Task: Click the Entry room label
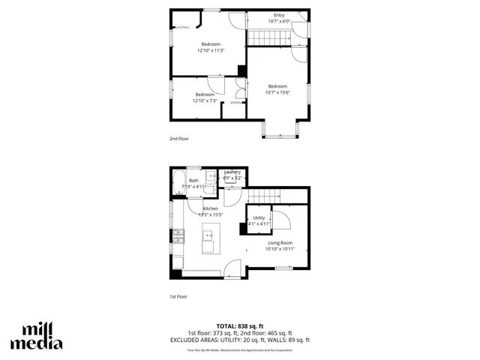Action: (x=279, y=15)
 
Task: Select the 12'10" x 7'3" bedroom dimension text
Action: (x=205, y=100)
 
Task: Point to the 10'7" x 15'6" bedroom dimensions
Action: (x=277, y=93)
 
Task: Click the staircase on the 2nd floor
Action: (x=265, y=37)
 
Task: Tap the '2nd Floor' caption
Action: (x=178, y=139)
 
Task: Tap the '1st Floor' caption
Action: (x=178, y=296)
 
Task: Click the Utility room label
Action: (x=259, y=217)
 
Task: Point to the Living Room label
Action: (x=280, y=243)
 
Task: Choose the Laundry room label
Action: (x=232, y=172)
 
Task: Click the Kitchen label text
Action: (x=210, y=208)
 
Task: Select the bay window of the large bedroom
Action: (x=282, y=131)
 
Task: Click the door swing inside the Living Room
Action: (x=281, y=221)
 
